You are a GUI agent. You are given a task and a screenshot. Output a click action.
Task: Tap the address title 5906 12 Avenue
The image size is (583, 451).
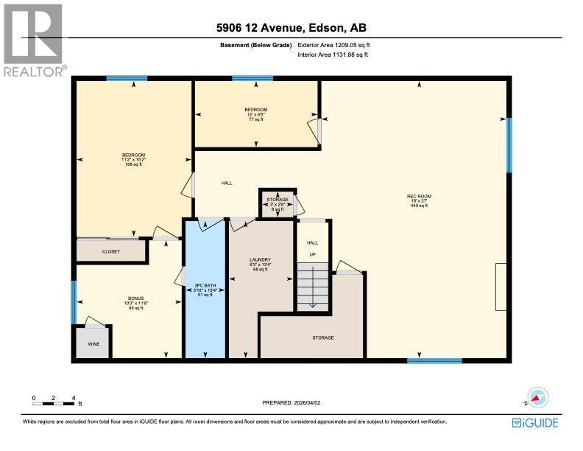(x=291, y=29)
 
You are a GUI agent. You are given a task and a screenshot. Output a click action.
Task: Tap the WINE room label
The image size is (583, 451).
(x=93, y=343)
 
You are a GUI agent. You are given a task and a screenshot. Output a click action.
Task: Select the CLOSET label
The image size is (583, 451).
(x=111, y=251)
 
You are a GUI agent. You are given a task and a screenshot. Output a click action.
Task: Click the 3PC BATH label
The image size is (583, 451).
(x=204, y=287)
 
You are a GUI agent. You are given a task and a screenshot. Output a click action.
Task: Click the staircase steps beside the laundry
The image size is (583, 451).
(x=312, y=287)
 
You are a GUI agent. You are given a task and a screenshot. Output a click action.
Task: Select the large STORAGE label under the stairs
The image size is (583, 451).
(x=322, y=338)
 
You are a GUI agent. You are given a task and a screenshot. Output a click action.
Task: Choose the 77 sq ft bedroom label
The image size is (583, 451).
(x=256, y=114)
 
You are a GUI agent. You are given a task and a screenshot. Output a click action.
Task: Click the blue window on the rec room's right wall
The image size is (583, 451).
(x=509, y=144)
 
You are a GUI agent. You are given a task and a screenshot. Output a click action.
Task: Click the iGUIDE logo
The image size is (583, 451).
(x=535, y=422)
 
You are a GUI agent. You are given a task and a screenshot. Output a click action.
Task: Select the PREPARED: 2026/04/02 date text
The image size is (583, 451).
(x=291, y=402)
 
